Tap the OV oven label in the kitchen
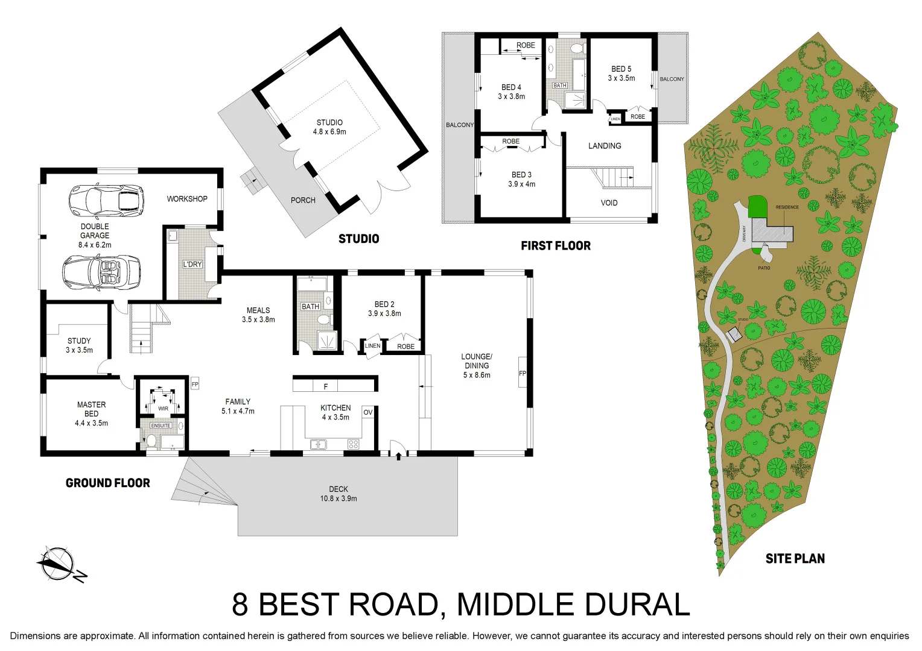(367, 412)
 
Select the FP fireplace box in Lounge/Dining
(523, 374)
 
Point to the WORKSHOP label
(187, 199)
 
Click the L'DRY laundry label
(192, 264)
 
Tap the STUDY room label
(79, 341)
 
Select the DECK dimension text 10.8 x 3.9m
(339, 498)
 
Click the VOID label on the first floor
(609, 203)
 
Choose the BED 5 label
(621, 69)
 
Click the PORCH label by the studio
(303, 200)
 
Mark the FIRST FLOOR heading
(556, 245)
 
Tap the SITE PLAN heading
(795, 559)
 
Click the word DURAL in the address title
(632, 605)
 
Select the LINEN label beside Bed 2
(373, 345)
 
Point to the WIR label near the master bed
(163, 409)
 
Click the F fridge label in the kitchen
(326, 386)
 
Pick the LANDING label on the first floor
(605, 146)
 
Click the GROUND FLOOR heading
(108, 483)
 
